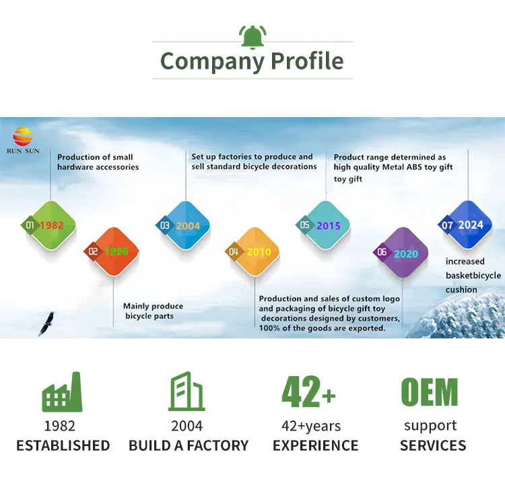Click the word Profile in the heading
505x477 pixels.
[x=307, y=61]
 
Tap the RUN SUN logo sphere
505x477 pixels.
[x=23, y=137]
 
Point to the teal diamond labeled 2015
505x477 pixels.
[x=324, y=225]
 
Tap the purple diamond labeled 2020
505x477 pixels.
[x=401, y=253]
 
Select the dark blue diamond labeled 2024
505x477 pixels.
[x=464, y=225]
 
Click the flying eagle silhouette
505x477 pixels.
[x=46, y=324]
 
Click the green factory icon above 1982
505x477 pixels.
[x=62, y=392]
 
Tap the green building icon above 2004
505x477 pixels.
[x=187, y=392]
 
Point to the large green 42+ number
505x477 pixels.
[x=309, y=392]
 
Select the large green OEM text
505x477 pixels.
[x=429, y=392]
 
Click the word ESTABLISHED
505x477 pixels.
[x=63, y=445]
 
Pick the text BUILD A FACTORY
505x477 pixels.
[x=189, y=445]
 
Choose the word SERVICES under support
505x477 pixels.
[x=433, y=445]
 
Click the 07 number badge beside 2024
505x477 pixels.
[x=447, y=225]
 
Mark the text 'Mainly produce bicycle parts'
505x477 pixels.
[x=153, y=311]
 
